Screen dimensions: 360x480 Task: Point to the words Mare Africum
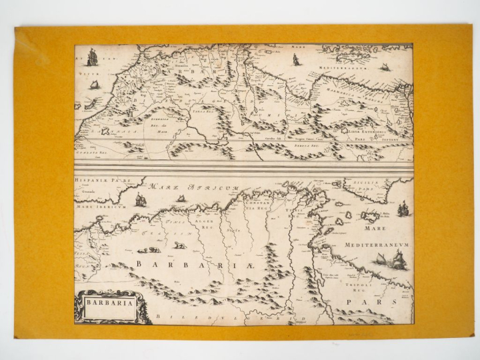click(195, 189)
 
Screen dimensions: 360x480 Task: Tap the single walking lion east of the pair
click(179, 245)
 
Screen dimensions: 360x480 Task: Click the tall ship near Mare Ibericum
click(141, 199)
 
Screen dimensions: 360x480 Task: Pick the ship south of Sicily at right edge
click(402, 209)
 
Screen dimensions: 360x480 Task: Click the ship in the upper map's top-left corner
click(92, 58)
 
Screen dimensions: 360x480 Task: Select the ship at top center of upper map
click(295, 59)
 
